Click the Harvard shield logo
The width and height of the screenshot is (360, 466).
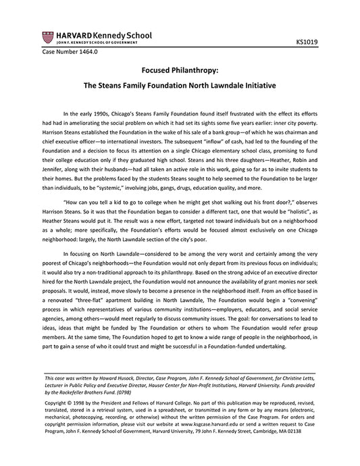point(49,37)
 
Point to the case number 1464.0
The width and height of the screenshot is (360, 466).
point(70,52)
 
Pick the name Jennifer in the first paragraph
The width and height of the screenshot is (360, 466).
point(57,159)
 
